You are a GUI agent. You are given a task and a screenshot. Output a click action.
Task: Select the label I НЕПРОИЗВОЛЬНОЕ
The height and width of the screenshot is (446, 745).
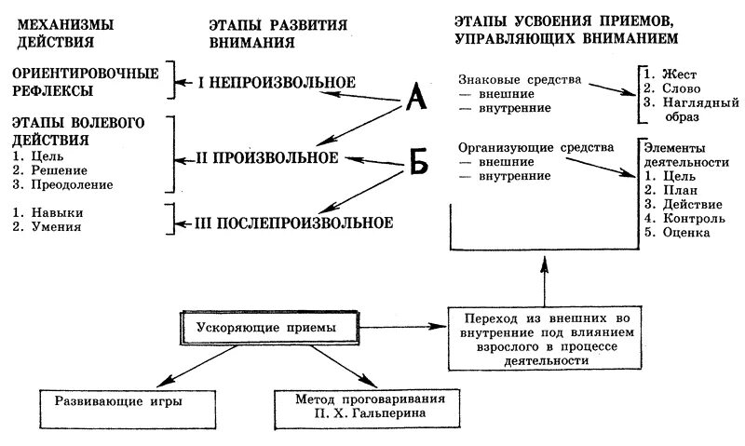pos(277,82)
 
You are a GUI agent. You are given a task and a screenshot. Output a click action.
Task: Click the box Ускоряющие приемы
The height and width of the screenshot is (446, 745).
pos(266,329)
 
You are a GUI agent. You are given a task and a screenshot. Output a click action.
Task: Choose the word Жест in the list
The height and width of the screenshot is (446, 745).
pos(682,74)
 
